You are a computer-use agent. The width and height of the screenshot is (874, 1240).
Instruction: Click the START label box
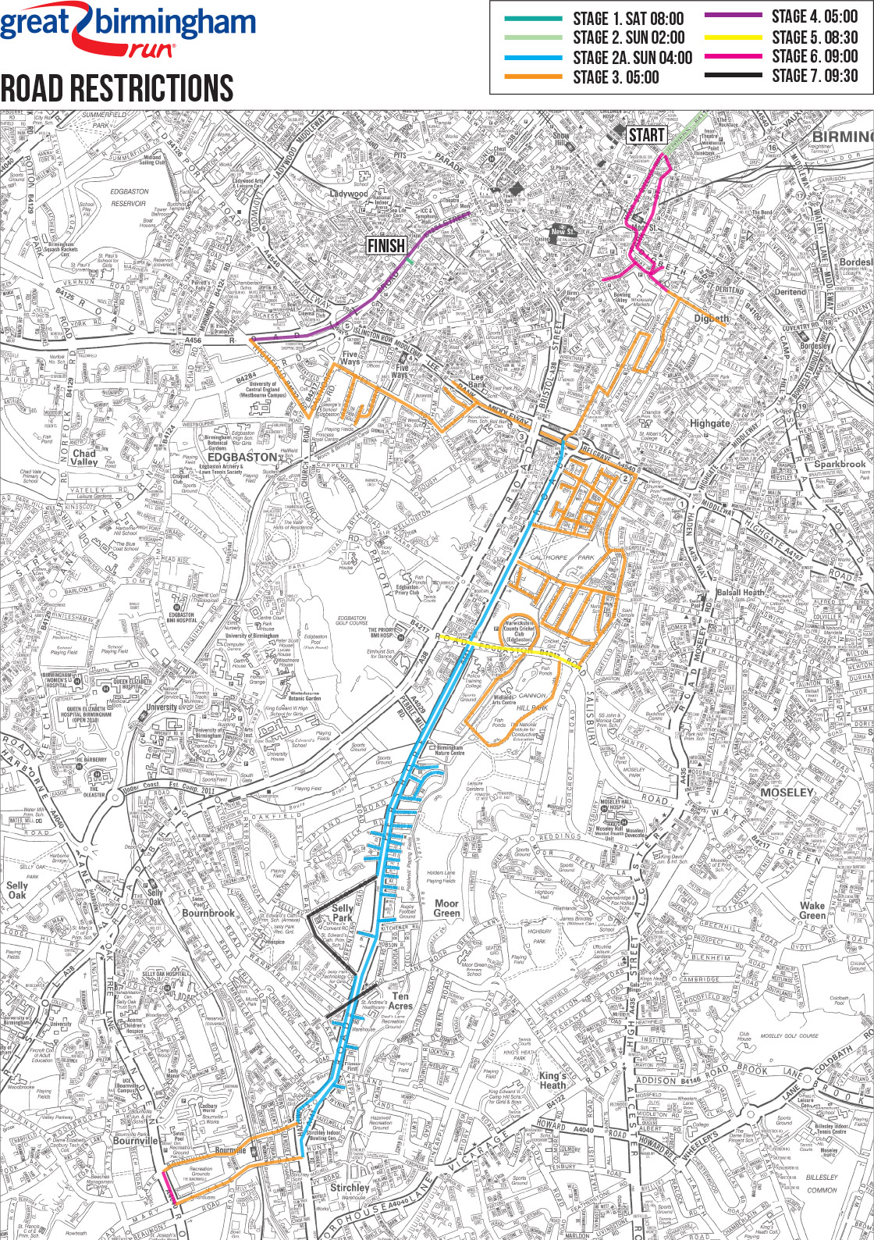tap(646, 135)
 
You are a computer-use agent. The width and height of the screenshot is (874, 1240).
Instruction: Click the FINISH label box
tap(386, 245)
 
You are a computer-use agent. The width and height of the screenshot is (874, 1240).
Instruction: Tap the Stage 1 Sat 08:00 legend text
tap(627, 19)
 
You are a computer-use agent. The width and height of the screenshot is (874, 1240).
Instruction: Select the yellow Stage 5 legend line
tap(733, 37)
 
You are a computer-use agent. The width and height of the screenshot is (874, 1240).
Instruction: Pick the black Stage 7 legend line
tap(733, 75)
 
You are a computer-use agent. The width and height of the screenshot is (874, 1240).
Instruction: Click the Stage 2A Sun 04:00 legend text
tap(632, 58)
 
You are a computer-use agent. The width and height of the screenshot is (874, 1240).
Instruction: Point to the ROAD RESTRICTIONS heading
tap(117, 88)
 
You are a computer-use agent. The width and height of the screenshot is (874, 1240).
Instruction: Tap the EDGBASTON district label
tap(241, 457)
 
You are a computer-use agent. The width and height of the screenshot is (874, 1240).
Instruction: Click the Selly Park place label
tap(343, 913)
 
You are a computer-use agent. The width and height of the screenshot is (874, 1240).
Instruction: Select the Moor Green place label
tap(446, 908)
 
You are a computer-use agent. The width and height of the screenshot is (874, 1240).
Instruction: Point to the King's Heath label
tap(552, 1080)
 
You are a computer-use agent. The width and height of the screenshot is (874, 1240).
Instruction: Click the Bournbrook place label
tap(208, 912)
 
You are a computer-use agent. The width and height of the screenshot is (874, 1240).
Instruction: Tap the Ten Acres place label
tap(400, 1001)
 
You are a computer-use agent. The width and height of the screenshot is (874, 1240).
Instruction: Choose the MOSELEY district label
tap(787, 792)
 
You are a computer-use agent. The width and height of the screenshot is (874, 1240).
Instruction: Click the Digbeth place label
tap(711, 318)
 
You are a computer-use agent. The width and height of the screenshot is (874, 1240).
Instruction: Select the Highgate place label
tap(709, 423)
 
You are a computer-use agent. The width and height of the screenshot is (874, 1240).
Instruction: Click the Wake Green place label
tap(812, 910)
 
